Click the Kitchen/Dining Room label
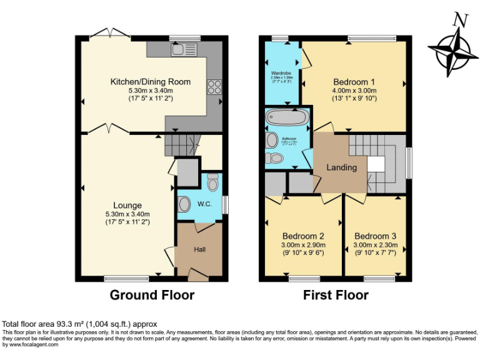coord(150,82)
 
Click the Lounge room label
coord(127,205)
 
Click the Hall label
coord(199,249)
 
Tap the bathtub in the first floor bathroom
coord(286,117)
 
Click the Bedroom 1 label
coord(354,82)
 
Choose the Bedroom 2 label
coord(303,236)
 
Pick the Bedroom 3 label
coord(375,236)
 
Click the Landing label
coord(341,167)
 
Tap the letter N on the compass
coord(461,20)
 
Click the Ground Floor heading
coord(152,294)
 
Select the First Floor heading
coord(336,294)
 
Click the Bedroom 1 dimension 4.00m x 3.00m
coord(354,90)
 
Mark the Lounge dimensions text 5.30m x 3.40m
coord(127,214)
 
